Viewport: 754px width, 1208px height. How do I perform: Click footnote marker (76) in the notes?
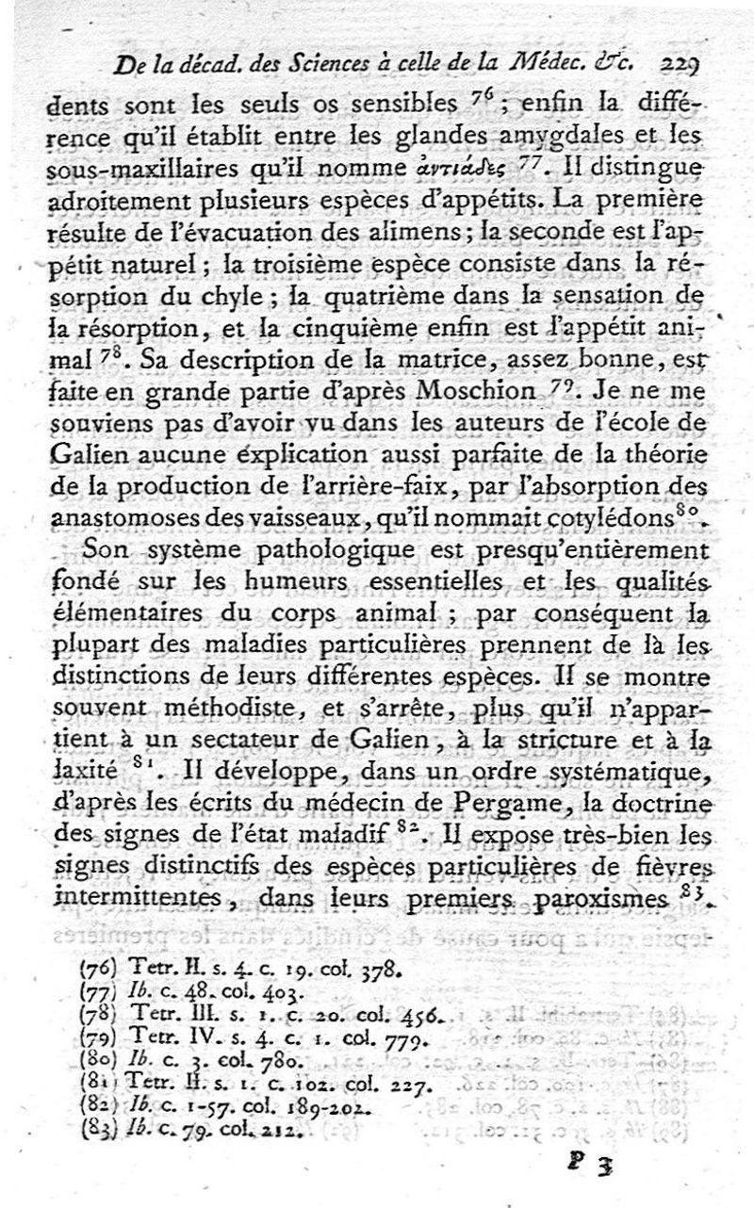(x=95, y=966)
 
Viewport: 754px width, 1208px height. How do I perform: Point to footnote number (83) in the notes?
(x=95, y=1125)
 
